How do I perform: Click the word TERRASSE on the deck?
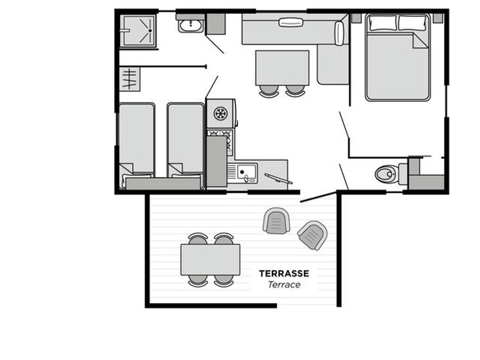[x=284, y=274]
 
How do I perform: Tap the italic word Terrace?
[x=284, y=285]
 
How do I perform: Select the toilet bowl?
[x=386, y=174]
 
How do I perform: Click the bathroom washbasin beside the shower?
[x=190, y=26]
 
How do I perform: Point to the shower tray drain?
[x=150, y=30]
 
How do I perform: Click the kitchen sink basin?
[x=247, y=172]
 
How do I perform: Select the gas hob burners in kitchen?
[x=220, y=141]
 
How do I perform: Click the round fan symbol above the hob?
[x=220, y=114]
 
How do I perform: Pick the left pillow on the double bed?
[x=383, y=23]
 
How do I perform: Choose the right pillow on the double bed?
[x=412, y=23]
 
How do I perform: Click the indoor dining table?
[x=282, y=68]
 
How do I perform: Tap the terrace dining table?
[x=210, y=260]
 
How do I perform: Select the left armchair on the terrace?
[x=276, y=221]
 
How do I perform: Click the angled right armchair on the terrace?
[x=313, y=235]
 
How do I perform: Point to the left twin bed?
[x=137, y=144]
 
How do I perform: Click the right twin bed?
[x=186, y=144]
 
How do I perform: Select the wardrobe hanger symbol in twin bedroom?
[x=130, y=79]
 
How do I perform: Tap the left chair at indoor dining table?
[x=269, y=91]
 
